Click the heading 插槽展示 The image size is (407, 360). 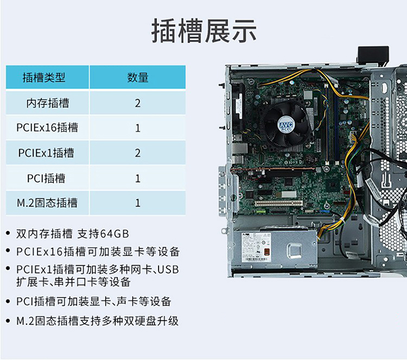coord(204,31)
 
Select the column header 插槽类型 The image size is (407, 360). coord(44,78)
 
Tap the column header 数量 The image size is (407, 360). coord(138,78)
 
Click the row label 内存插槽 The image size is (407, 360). coord(48,103)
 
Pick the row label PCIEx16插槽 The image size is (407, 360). coord(47,127)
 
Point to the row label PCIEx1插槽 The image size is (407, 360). coord(46,153)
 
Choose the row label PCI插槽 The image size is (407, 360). coord(46,178)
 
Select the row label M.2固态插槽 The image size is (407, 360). coord(47,203)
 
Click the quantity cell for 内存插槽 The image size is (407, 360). coord(138,103)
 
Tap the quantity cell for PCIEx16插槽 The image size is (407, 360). coord(138,128)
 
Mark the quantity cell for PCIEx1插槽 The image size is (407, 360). coord(138,153)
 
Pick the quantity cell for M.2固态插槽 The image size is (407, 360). coord(138,203)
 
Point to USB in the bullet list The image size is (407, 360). coord(168,269)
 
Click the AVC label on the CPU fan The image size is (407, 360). coord(286,125)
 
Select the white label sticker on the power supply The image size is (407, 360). coord(256,247)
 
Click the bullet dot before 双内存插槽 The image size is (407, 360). coord(8,234)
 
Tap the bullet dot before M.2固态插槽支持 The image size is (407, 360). coord(8,321)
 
